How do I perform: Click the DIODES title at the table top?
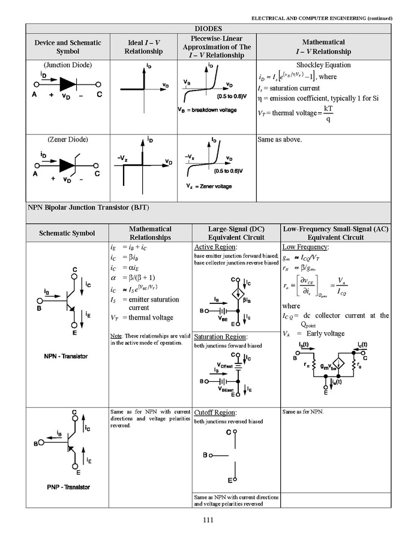[208, 28]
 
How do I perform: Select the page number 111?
[208, 520]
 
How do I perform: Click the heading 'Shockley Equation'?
[323, 65]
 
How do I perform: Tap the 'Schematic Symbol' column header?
[67, 233]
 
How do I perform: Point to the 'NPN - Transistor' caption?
[65, 356]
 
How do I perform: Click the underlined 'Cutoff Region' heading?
[215, 412]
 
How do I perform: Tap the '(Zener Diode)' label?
[67, 139]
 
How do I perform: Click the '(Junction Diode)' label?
[67, 65]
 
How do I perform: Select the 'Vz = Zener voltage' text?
[208, 186]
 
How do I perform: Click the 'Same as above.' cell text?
[280, 140]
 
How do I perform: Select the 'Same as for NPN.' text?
[302, 412]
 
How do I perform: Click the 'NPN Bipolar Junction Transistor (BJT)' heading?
[88, 207]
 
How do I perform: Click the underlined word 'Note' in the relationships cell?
[116, 335]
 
